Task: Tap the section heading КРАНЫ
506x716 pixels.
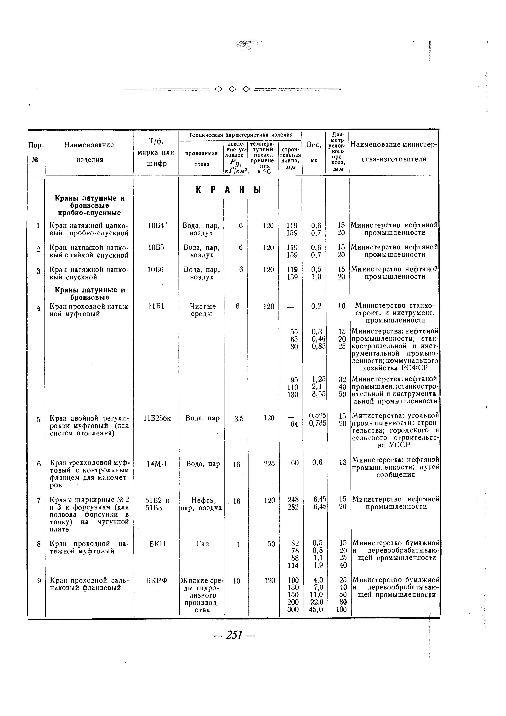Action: click(229, 190)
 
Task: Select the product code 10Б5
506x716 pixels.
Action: click(156, 248)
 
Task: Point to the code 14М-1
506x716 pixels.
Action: click(157, 464)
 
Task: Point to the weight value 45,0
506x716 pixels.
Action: click(316, 609)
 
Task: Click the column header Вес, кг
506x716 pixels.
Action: click(314, 152)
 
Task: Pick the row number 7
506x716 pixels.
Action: click(39, 500)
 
